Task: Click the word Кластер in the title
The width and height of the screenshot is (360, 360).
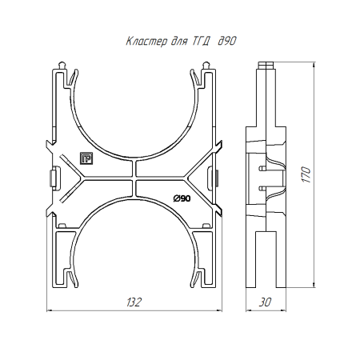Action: coord(146,42)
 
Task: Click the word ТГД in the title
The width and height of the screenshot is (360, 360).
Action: coord(200,42)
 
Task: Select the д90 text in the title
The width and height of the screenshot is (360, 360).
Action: coord(227,41)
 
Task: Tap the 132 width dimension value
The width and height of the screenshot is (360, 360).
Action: coord(134,302)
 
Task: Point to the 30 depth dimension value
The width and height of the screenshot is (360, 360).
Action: coord(265,302)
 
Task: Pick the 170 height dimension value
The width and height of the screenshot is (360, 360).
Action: coord(306,174)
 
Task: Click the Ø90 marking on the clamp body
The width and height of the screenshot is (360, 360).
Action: coord(182,198)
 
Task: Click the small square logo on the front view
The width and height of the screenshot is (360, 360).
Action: coord(86,158)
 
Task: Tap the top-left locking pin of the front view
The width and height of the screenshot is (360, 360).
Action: coord(62,65)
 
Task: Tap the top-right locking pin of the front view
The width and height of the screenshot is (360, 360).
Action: coord(206,65)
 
